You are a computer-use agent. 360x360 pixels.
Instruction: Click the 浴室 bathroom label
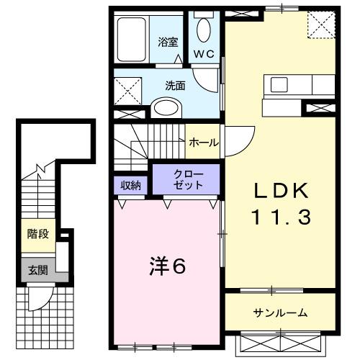pyautogui.click(x=168, y=42)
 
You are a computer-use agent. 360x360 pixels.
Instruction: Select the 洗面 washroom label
pyautogui.click(x=176, y=85)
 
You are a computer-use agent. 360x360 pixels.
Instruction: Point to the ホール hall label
pyautogui.click(x=204, y=143)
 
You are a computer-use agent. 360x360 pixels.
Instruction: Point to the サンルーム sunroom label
pyautogui.click(x=280, y=312)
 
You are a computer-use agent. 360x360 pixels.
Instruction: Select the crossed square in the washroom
pyautogui.click(x=130, y=91)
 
